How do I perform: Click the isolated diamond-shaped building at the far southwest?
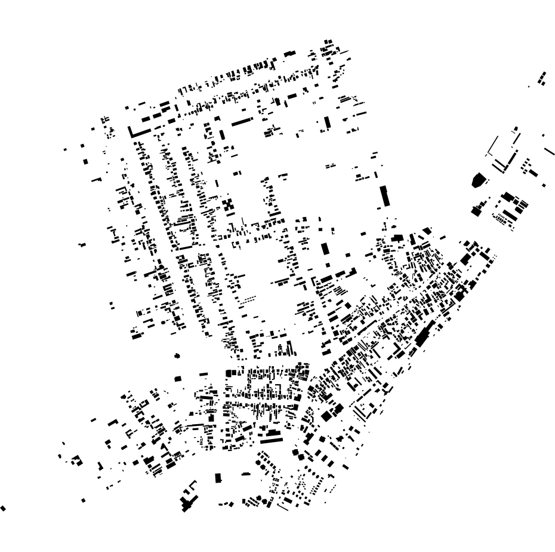tap(4, 508)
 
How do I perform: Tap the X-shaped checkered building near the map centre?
tap(229, 205)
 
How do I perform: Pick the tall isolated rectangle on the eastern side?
tap(385, 195)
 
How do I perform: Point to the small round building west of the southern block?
tap(177, 356)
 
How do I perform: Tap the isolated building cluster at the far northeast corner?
tap(542, 78)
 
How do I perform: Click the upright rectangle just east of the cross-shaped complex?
tap(218, 478)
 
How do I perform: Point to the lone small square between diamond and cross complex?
tap(84, 500)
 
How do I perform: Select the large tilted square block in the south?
tap(326, 416)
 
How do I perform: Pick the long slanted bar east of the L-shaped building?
tap(242, 121)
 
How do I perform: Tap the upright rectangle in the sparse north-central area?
tap(327, 123)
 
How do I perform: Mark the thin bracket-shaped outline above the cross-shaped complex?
tap(192, 485)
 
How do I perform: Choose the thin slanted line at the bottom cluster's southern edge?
tap(283, 508)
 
